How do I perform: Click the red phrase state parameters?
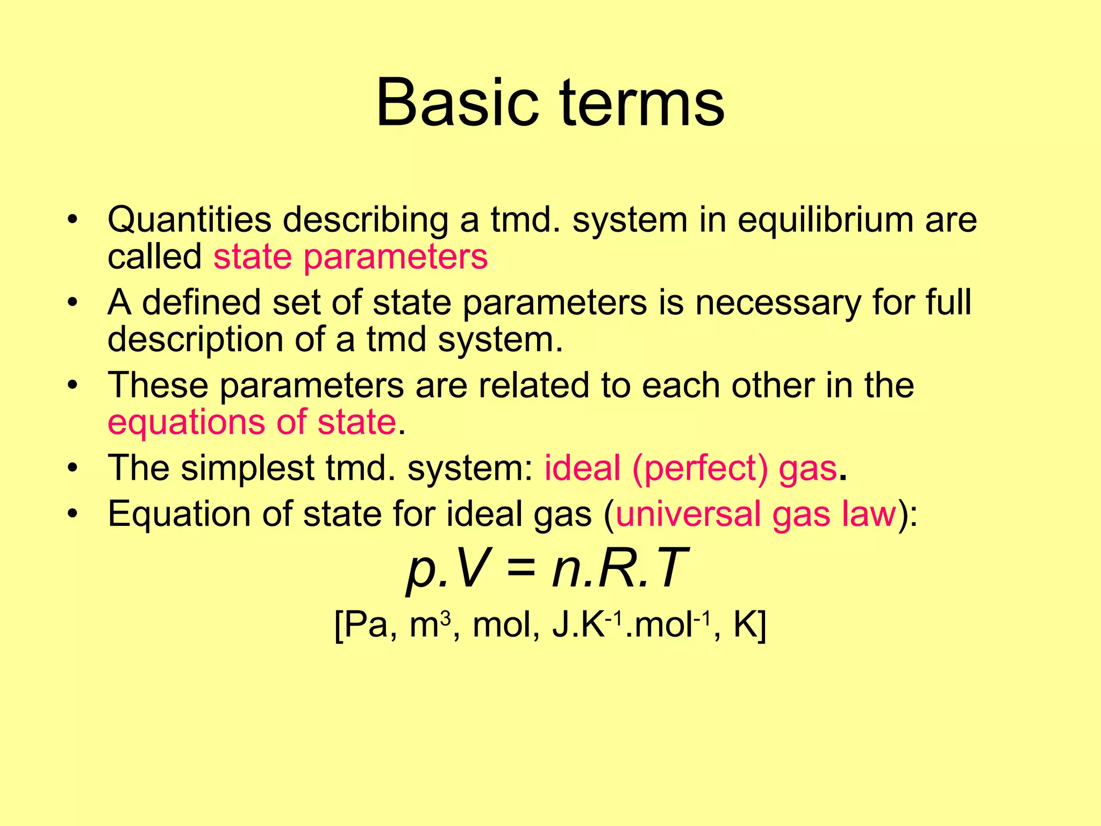tap(351, 257)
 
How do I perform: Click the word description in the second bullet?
tap(195, 340)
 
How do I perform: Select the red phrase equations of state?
tap(252, 422)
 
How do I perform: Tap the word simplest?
tap(247, 468)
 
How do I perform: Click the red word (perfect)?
tap(700, 468)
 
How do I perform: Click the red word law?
tap(869, 514)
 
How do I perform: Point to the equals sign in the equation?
tap(521, 569)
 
